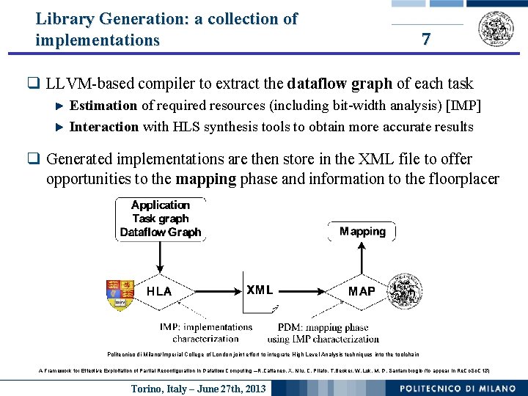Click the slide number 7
click(426, 40)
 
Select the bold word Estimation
click(103, 106)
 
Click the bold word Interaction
click(104, 127)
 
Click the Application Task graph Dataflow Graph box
click(161, 219)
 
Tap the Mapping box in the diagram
click(362, 232)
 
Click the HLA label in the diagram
click(159, 291)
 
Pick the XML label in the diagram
click(260, 290)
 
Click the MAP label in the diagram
click(362, 291)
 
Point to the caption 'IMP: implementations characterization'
click(205, 333)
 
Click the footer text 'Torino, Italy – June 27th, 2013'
click(199, 388)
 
